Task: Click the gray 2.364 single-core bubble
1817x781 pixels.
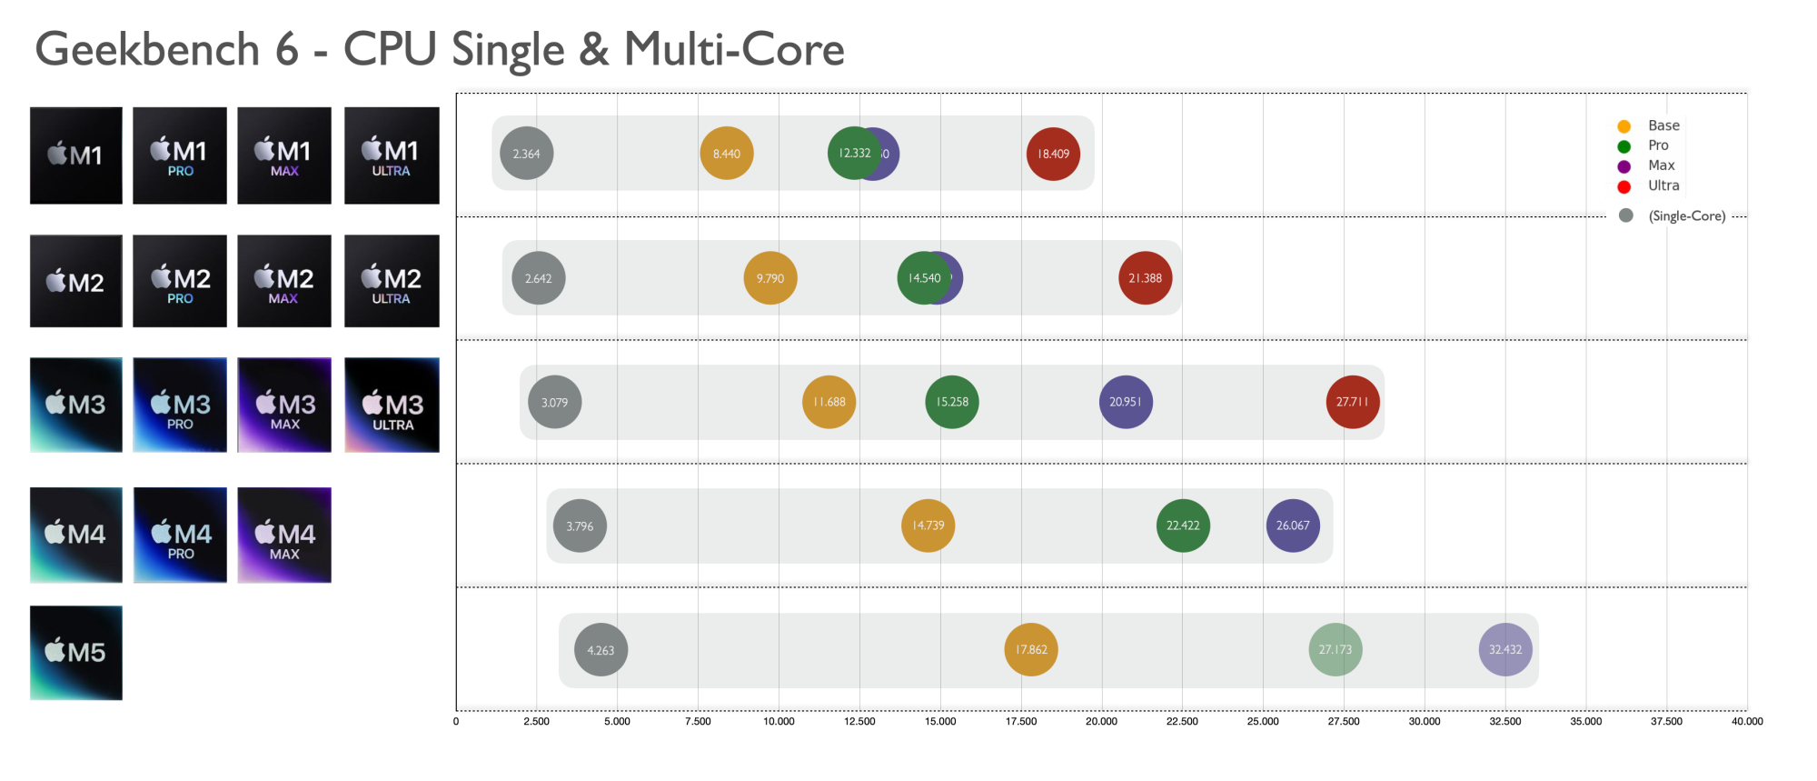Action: (527, 154)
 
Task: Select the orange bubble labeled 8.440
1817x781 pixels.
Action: (727, 154)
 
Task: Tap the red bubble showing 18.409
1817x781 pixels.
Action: (1053, 154)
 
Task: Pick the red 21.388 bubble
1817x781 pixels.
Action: (1145, 278)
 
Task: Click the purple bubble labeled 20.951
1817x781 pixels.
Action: (1126, 402)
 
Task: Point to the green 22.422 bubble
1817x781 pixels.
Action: (1183, 526)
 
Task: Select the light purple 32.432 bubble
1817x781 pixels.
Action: (1505, 649)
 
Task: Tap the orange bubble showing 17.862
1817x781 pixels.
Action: (1031, 649)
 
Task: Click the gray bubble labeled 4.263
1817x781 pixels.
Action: (601, 650)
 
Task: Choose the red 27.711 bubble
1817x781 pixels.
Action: (1353, 402)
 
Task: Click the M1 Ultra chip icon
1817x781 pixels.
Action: (392, 155)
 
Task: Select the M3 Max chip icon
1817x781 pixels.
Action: (284, 405)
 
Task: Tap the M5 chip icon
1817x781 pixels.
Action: (76, 653)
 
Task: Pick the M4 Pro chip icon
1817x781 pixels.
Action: (180, 535)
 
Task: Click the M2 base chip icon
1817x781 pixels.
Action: (76, 281)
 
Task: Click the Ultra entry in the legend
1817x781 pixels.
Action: (1663, 185)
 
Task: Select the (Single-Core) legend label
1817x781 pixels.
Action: (1686, 216)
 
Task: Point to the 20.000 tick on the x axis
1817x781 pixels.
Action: (1101, 722)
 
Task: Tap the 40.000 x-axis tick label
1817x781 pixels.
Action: (1746, 722)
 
